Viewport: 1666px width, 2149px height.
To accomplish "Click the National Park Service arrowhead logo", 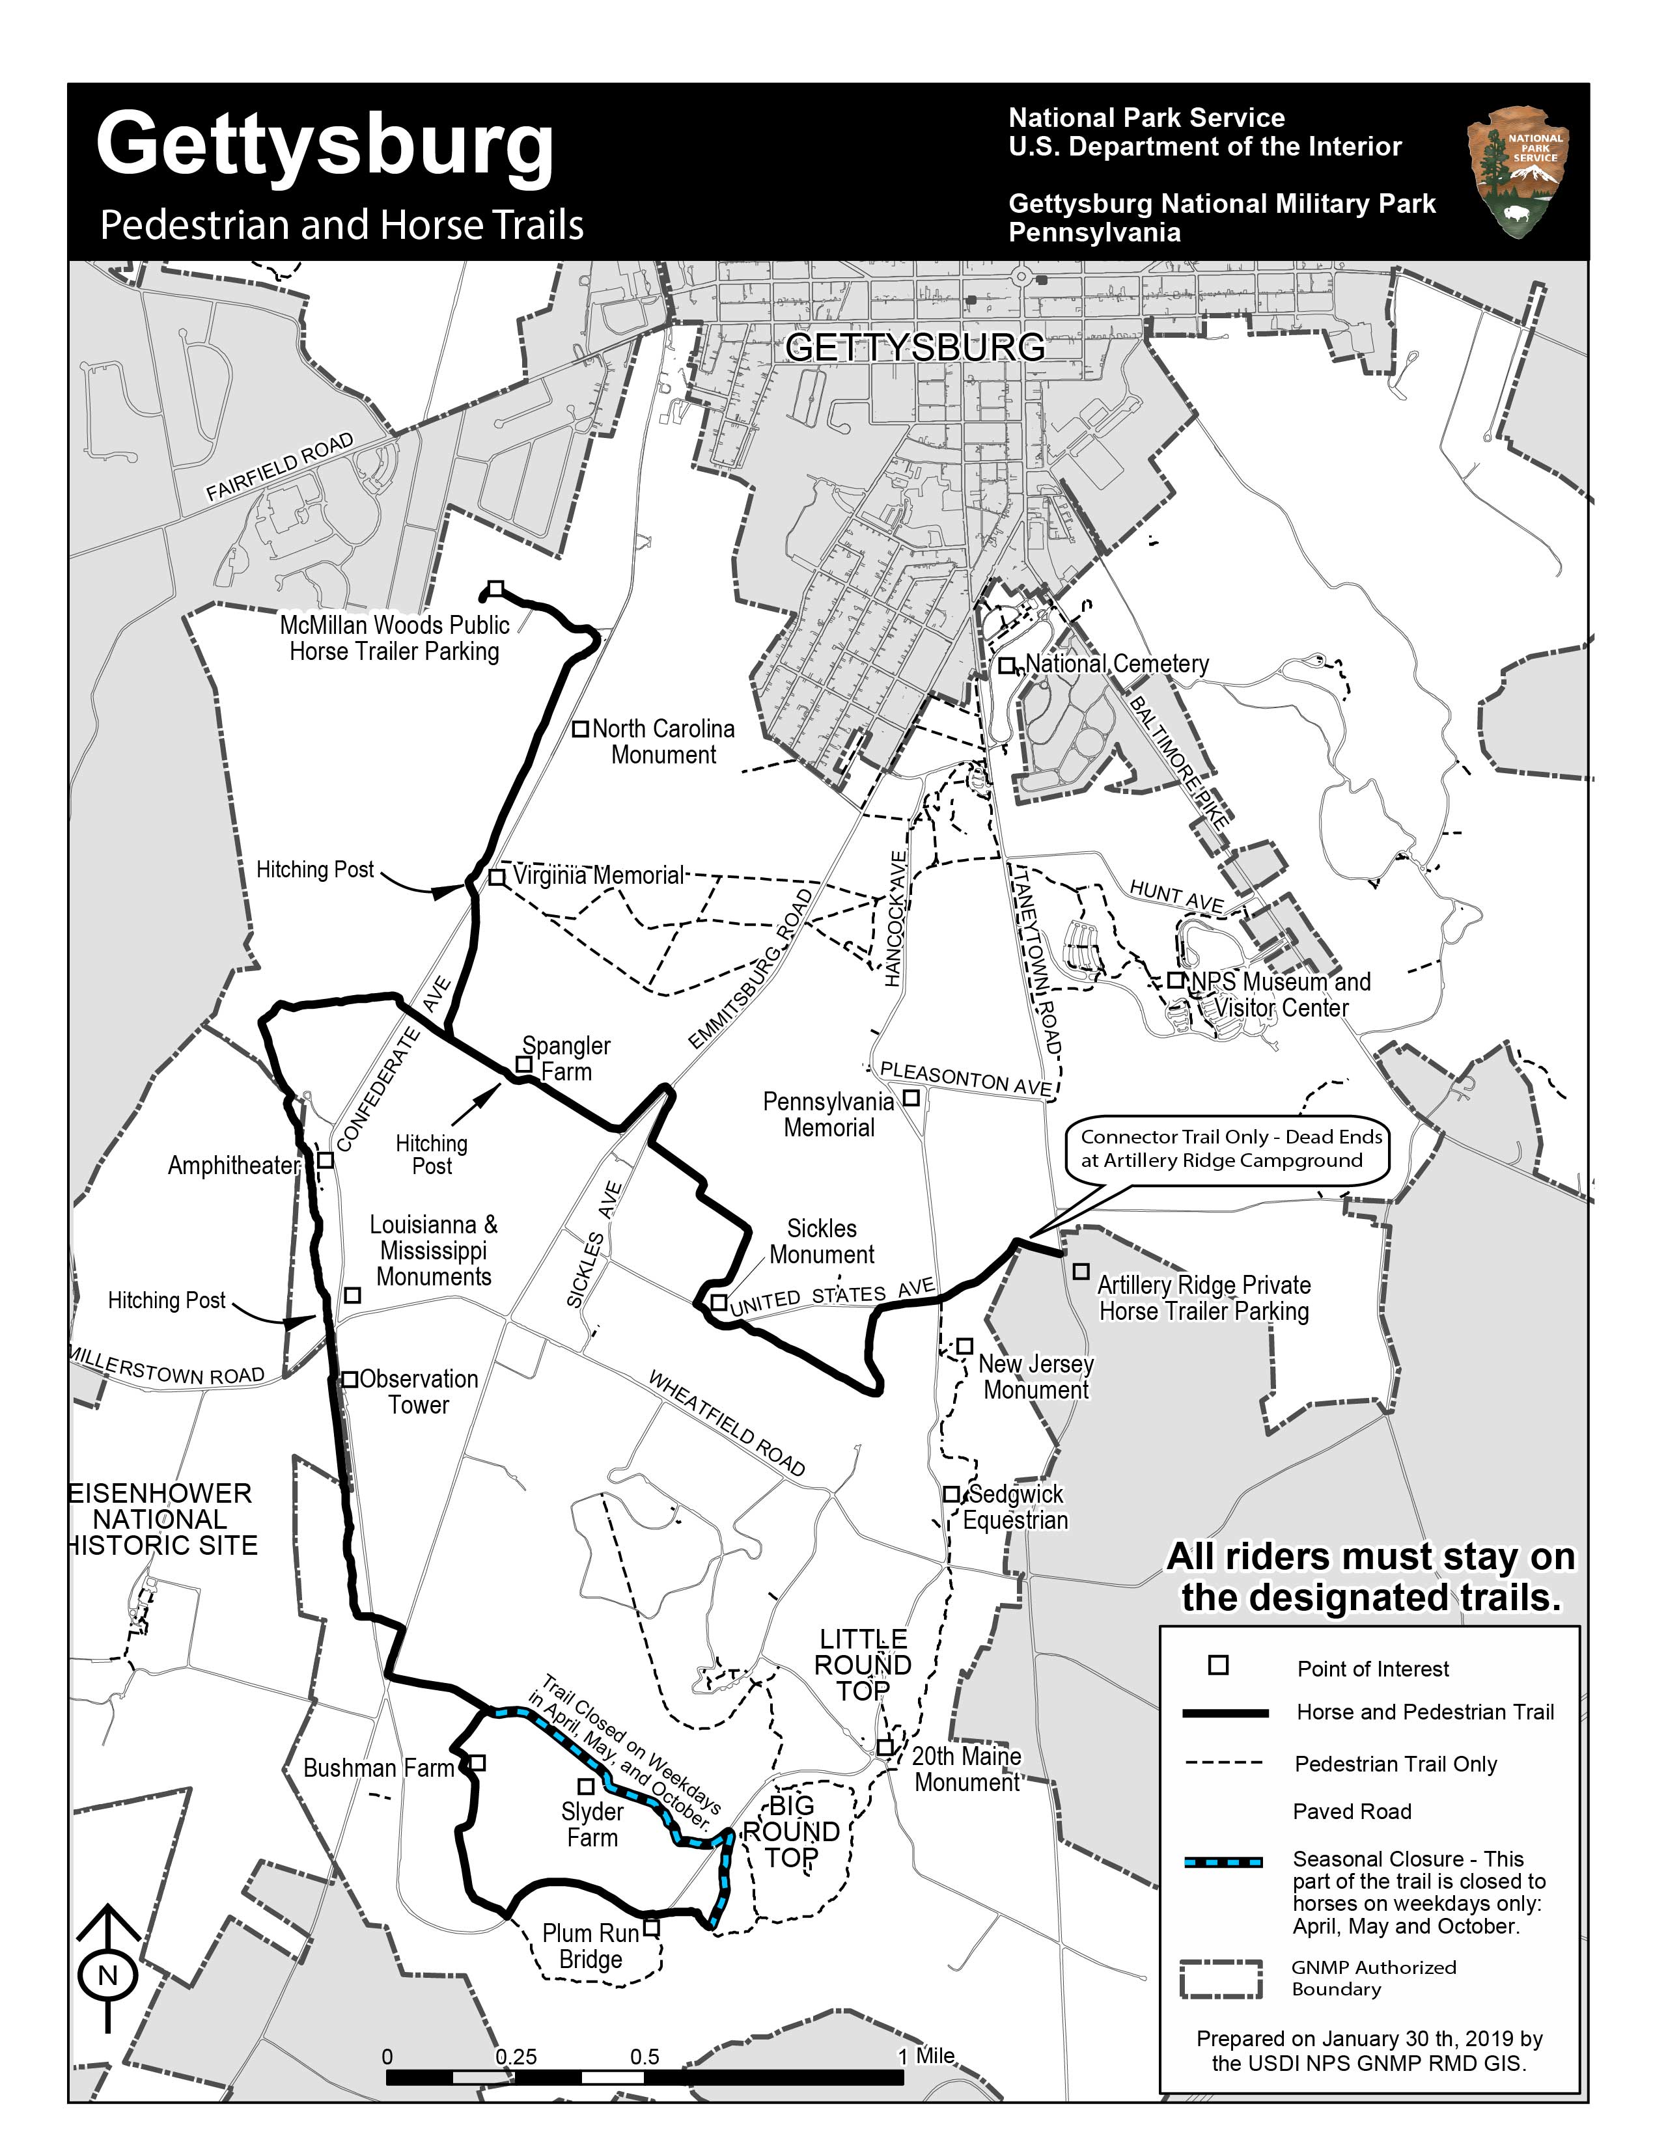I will point(1516,173).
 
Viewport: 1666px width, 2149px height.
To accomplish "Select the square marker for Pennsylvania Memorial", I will point(911,1097).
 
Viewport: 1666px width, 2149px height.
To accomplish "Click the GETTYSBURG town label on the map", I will point(915,348).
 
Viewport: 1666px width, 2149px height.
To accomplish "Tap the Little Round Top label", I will point(864,1664).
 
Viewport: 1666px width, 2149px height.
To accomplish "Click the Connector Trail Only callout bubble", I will point(1230,1148).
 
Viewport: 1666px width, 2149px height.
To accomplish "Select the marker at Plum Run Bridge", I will point(650,1928).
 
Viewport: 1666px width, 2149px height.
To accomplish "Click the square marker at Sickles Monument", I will point(719,1303).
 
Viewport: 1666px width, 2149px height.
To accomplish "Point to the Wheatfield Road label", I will point(727,1422).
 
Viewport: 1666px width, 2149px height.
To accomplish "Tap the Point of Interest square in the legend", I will point(1218,1665).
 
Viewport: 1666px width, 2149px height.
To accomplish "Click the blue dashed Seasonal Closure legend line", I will point(1224,1862).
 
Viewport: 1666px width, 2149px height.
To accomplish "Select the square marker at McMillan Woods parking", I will point(497,588).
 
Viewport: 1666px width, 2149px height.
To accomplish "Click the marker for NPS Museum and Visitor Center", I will point(1175,980).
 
